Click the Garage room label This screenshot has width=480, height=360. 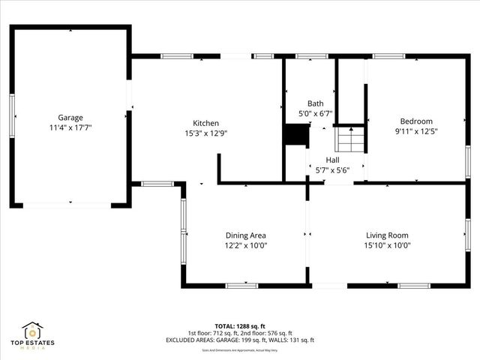tap(70, 117)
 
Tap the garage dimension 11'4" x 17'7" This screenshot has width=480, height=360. tap(70, 127)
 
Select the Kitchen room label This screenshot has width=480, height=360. tap(205, 123)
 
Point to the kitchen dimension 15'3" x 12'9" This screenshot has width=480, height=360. tap(205, 133)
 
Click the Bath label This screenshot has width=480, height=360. tap(315, 103)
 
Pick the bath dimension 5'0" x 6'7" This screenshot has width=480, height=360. tap(315, 114)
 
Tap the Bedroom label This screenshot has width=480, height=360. tap(416, 121)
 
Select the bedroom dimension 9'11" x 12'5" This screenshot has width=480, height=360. tap(416, 132)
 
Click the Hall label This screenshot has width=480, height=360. tap(332, 160)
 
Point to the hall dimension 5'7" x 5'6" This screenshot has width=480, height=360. tap(332, 170)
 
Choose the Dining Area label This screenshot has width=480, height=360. tap(246, 235)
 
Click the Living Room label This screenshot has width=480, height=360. tap(387, 235)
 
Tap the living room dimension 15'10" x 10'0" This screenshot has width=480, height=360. tap(387, 245)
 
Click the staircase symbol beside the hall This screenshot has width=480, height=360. tap(348, 139)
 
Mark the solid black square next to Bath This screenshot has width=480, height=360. tap(297, 136)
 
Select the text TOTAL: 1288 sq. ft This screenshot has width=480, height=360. tap(240, 325)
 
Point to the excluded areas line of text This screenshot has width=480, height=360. tap(240, 340)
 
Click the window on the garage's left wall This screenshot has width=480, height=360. tap(12, 115)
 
